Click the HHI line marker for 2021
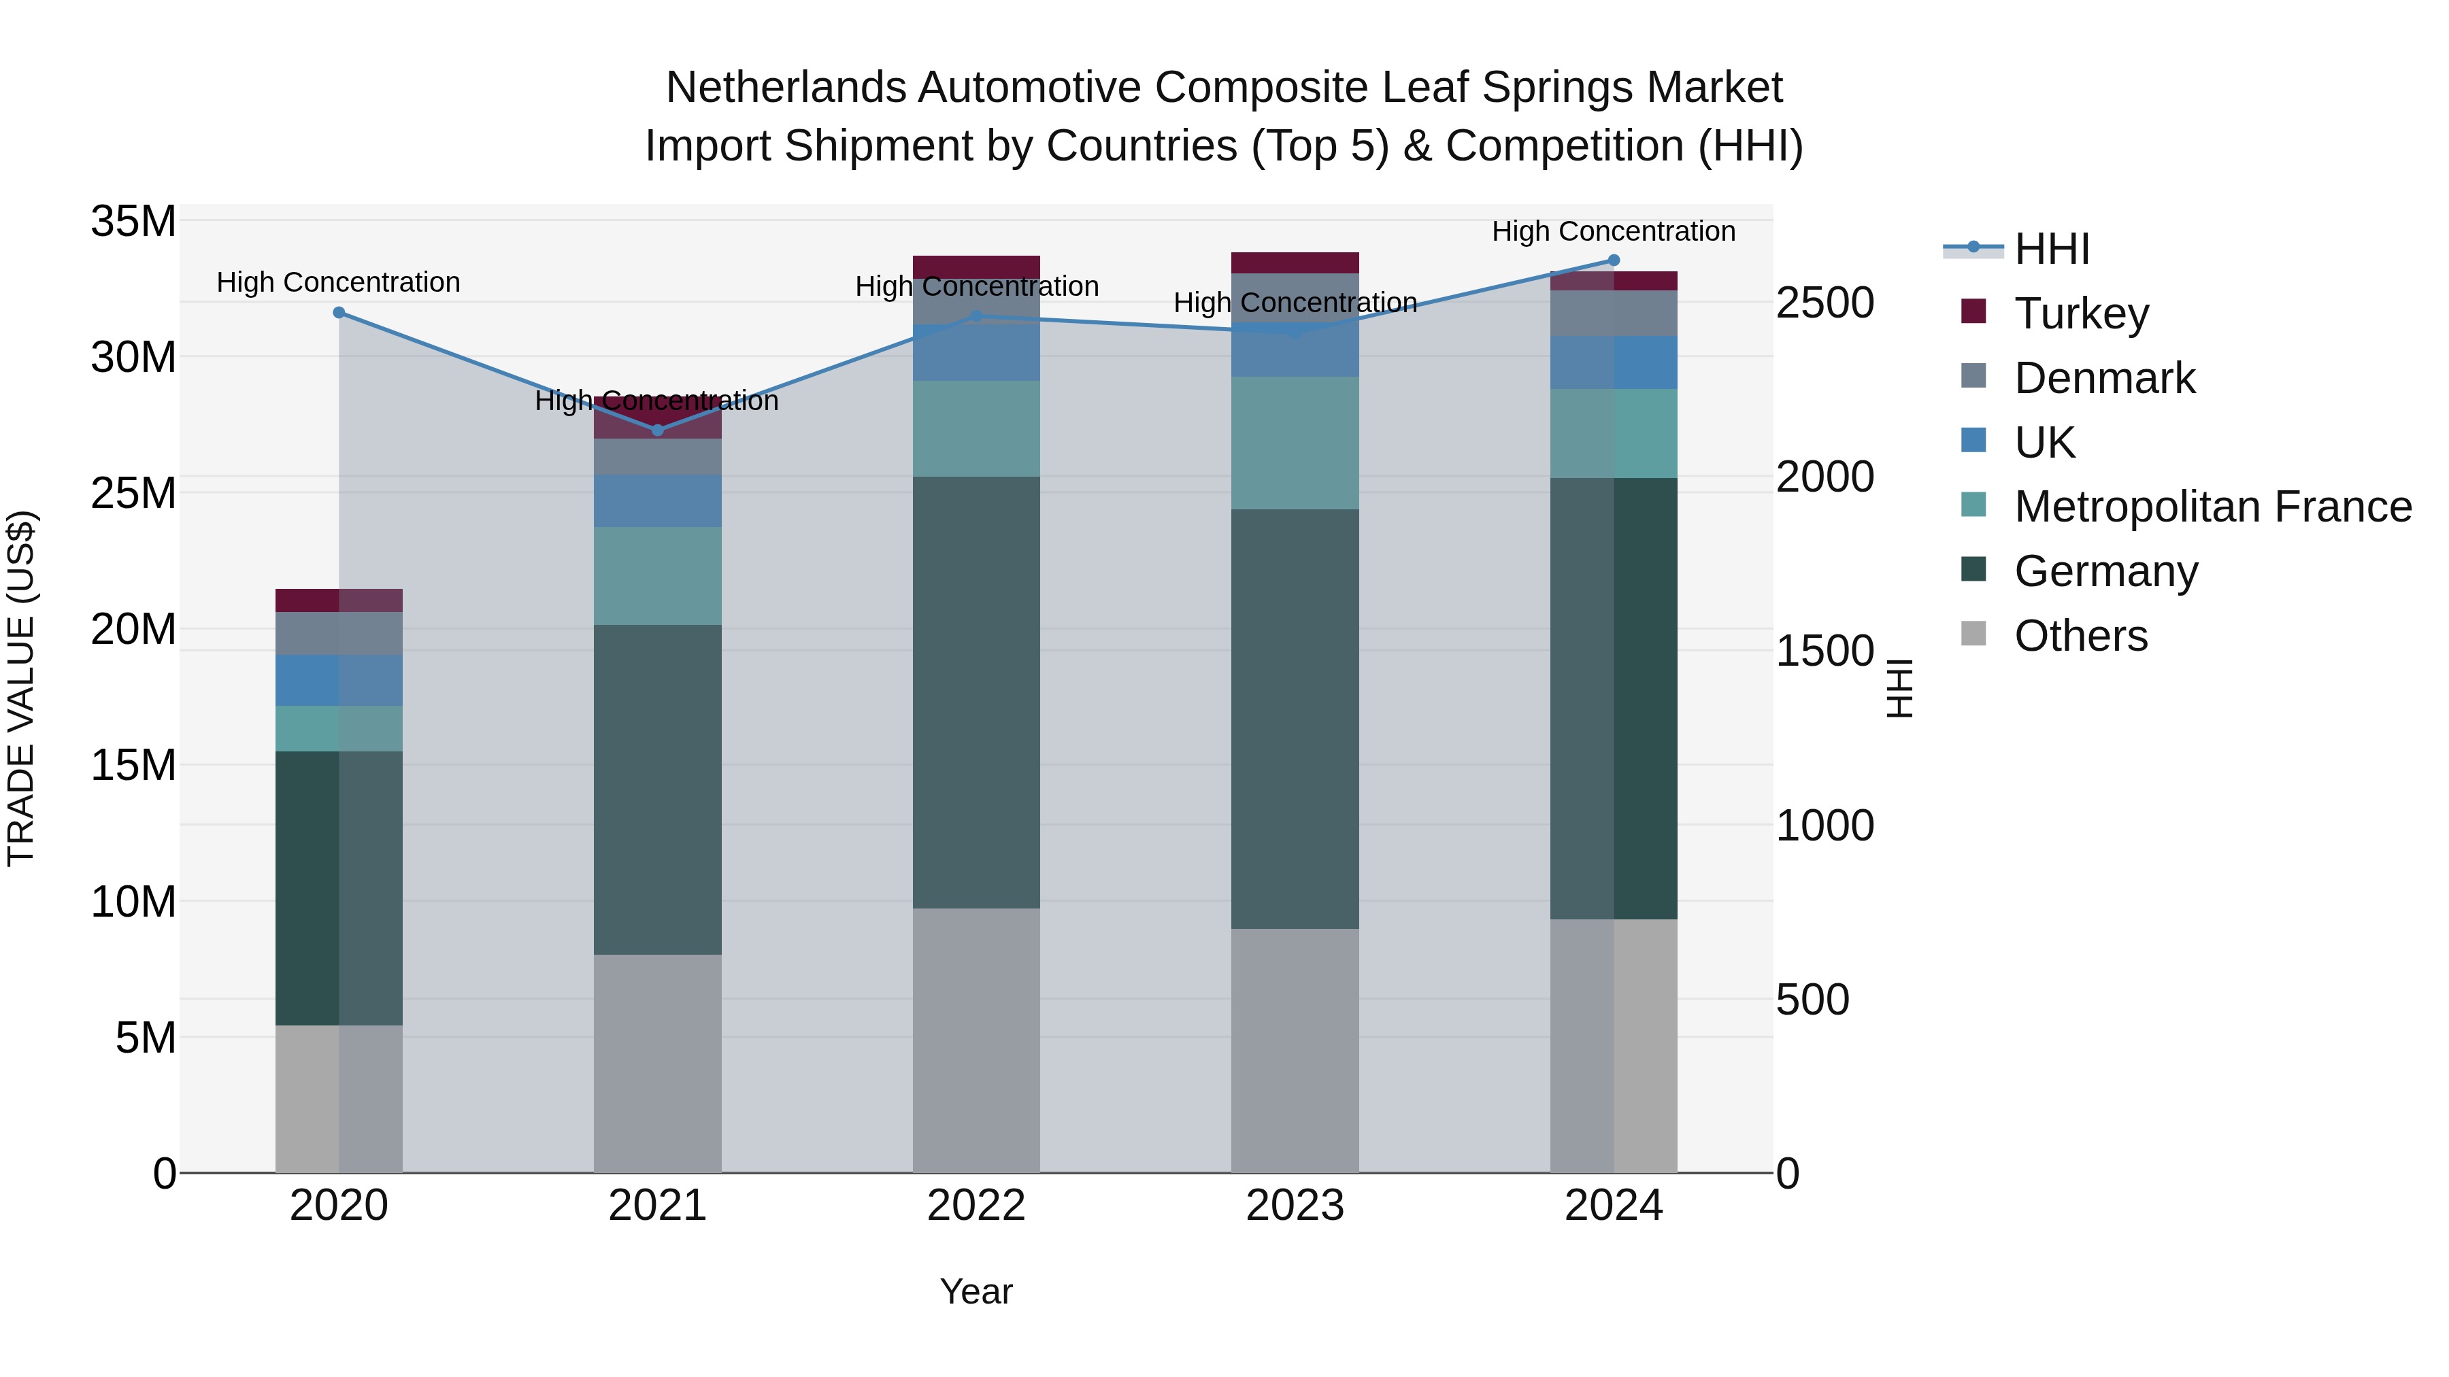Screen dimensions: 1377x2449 (x=657, y=430)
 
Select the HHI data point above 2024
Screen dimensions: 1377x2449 (x=1614, y=260)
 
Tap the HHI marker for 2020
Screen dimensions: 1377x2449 (x=339, y=313)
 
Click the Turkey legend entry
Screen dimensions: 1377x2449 (x=2080, y=313)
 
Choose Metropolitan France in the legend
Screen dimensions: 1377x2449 (x=2212, y=507)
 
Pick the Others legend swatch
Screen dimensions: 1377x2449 (x=1973, y=634)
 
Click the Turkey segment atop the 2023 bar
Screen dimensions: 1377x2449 (x=1295, y=263)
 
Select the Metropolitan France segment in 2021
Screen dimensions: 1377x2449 (x=657, y=576)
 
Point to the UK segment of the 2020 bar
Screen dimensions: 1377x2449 (x=339, y=681)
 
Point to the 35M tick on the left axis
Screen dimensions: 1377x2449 (x=133, y=222)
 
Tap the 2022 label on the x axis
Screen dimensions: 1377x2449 (x=976, y=1206)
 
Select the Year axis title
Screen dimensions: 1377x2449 (x=976, y=1291)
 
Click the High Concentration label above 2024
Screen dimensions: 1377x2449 (x=1614, y=231)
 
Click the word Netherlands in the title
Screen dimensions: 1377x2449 (x=784, y=88)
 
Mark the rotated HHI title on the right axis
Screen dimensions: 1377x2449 (x=1899, y=688)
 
